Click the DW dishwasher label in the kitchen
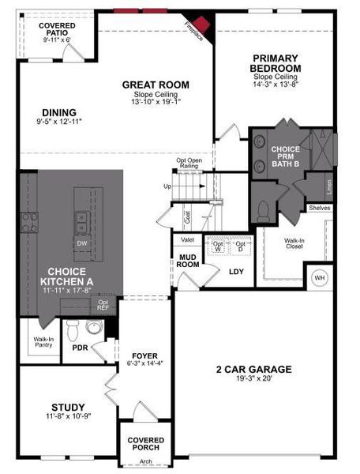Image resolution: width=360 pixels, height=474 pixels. point(82,243)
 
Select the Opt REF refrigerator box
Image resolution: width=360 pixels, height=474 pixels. point(103,304)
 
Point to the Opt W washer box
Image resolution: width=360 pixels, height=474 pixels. point(218,246)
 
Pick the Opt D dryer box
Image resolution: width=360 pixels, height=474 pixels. point(240,246)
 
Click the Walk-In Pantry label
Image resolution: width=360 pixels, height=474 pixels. point(43,342)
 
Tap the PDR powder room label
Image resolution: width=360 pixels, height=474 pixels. point(79,347)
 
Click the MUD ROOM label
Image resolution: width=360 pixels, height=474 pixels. point(187,261)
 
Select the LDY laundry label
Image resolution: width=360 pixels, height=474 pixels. point(235,272)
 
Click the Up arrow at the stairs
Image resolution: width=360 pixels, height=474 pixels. point(167,186)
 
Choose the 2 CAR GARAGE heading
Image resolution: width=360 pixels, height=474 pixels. point(254,369)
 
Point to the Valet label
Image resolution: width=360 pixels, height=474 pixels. point(188,239)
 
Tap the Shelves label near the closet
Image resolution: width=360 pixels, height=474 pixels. point(320,208)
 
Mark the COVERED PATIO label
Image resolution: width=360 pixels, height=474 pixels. point(57,30)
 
